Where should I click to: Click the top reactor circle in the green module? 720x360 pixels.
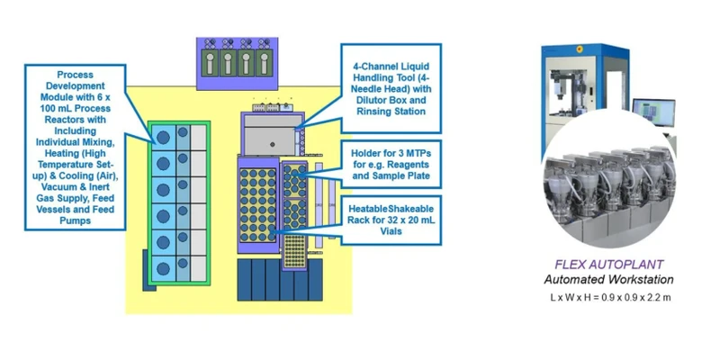pyautogui.click(x=163, y=138)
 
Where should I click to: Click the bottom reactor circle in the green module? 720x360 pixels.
pyautogui.click(x=163, y=268)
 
